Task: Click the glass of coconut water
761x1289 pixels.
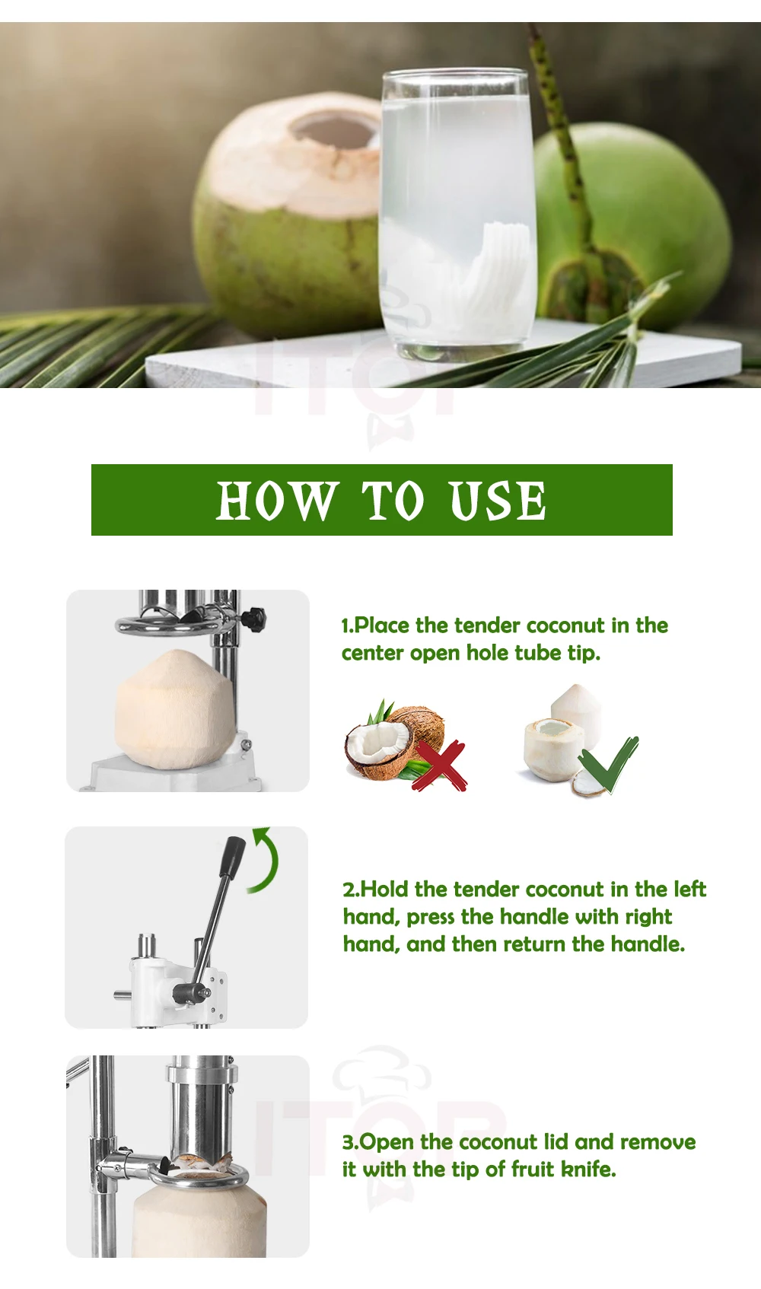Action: [457, 213]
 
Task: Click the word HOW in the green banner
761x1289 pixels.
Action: [275, 501]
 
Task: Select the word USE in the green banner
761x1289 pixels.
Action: [498, 501]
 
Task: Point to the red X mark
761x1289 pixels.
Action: [441, 765]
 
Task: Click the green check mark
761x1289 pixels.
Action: [609, 764]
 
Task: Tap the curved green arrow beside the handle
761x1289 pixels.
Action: [266, 861]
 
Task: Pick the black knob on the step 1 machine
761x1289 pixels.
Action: [253, 619]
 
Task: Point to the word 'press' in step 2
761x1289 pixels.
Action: [431, 917]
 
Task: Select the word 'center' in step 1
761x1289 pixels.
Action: [372, 653]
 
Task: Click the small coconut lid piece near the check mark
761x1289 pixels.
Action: [589, 783]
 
